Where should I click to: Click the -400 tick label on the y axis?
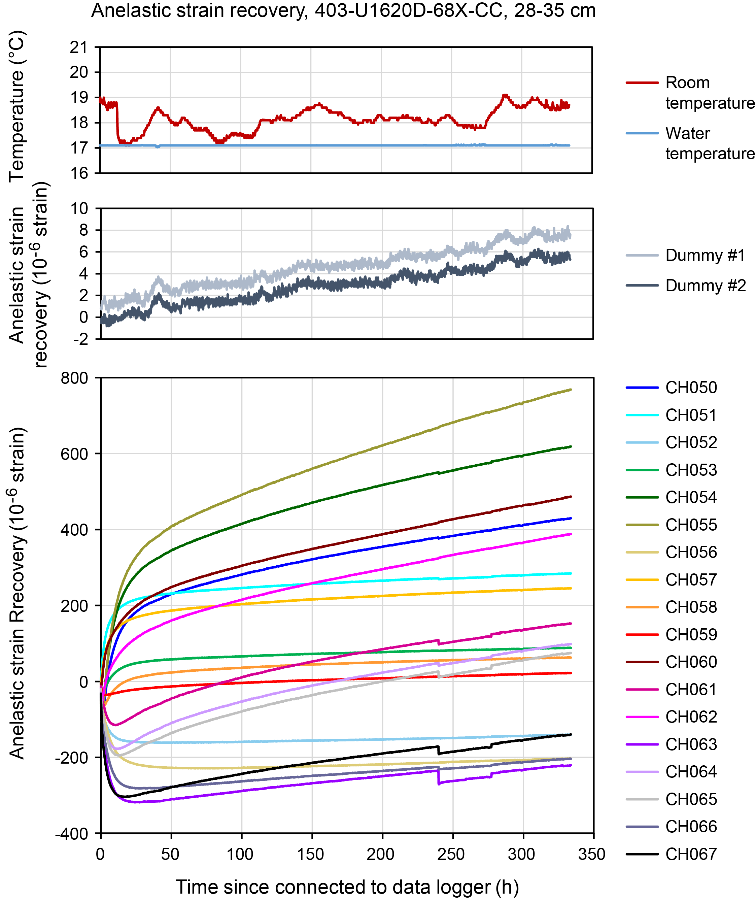(72, 834)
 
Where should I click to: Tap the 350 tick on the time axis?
(591, 854)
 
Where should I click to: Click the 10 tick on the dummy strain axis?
(79, 209)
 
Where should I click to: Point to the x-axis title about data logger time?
(347, 887)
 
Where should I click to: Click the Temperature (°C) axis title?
(17, 106)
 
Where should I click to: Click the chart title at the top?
(343, 10)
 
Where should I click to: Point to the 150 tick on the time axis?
(311, 854)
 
